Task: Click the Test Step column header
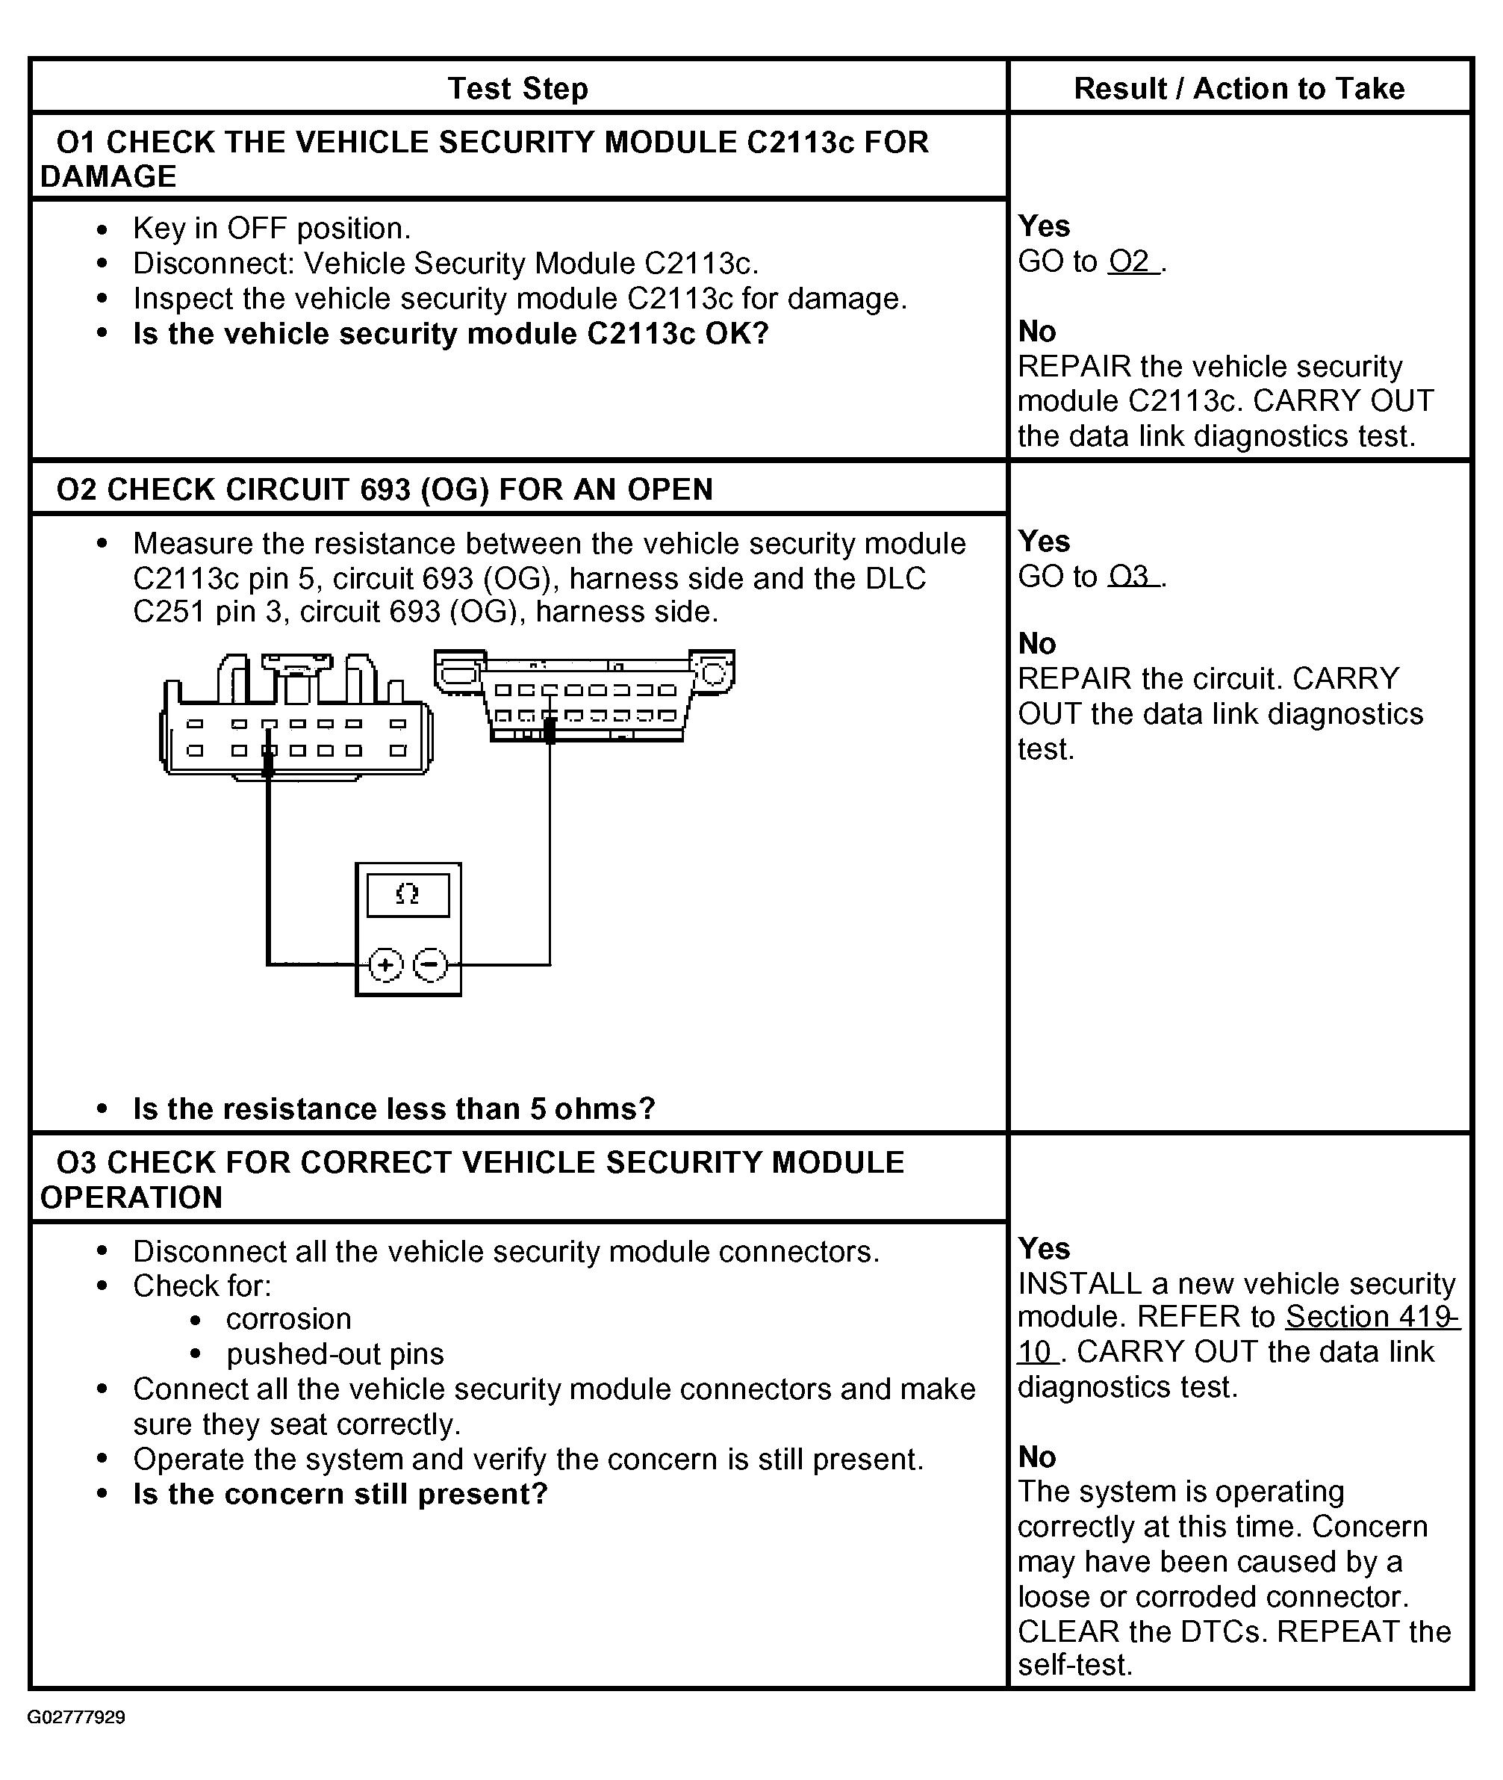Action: tap(517, 89)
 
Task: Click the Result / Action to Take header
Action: tap(1238, 89)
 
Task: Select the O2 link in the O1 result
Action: tap(1131, 261)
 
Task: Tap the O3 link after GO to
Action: tap(1131, 577)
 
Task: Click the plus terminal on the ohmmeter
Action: tap(385, 965)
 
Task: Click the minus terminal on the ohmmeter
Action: tap(430, 965)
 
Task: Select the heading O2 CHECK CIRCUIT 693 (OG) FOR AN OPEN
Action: tap(385, 490)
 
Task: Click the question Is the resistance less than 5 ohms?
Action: tap(393, 1109)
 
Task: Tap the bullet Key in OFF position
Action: tap(271, 229)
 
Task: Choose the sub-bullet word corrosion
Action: tap(288, 1319)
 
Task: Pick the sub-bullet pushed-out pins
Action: tap(334, 1354)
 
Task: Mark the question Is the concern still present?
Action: tap(340, 1495)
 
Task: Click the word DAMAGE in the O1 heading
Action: tap(108, 177)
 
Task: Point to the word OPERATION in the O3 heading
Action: tap(131, 1198)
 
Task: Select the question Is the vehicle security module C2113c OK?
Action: tap(451, 334)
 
